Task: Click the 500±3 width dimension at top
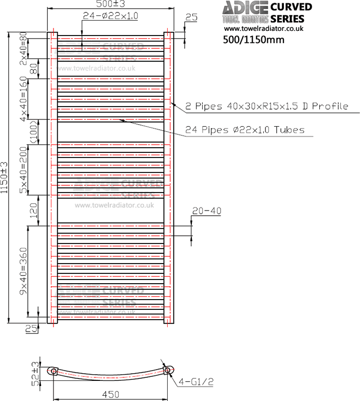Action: (x=111, y=5)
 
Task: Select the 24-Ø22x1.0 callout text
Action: (x=111, y=16)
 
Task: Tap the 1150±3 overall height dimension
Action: (x=5, y=178)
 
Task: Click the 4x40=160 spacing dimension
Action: (x=23, y=99)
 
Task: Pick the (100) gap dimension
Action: (x=34, y=132)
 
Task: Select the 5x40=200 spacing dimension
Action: (x=23, y=169)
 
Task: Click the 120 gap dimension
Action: (x=34, y=210)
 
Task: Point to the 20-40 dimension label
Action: (x=206, y=211)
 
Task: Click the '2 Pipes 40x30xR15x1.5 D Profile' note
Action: (x=267, y=107)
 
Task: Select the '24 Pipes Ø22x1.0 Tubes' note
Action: (x=245, y=130)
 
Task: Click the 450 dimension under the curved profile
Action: (x=111, y=394)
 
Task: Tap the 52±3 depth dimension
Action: (x=35, y=374)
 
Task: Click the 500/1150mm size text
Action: (x=254, y=40)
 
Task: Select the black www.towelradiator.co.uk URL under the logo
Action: (x=263, y=29)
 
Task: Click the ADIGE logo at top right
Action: (x=244, y=8)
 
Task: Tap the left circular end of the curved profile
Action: (x=53, y=371)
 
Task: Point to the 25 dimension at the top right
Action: (x=191, y=18)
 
